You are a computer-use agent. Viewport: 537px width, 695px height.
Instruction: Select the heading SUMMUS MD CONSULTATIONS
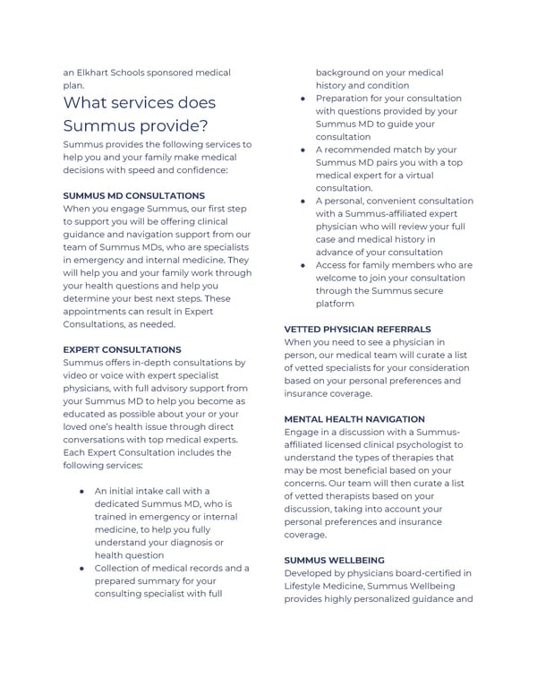pyautogui.click(x=133, y=195)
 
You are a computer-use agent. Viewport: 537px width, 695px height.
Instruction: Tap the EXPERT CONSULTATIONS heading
pyautogui.click(x=122, y=349)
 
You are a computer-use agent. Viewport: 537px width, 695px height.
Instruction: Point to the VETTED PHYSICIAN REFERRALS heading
pyautogui.click(x=357, y=330)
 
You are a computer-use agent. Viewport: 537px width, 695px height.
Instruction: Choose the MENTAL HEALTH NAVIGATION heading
pyautogui.click(x=354, y=419)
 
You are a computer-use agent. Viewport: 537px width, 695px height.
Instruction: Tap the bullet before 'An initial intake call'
pyautogui.click(x=81, y=492)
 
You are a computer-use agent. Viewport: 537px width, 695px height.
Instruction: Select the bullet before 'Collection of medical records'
pyautogui.click(x=81, y=568)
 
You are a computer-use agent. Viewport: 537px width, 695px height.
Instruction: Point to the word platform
pyautogui.click(x=337, y=305)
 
